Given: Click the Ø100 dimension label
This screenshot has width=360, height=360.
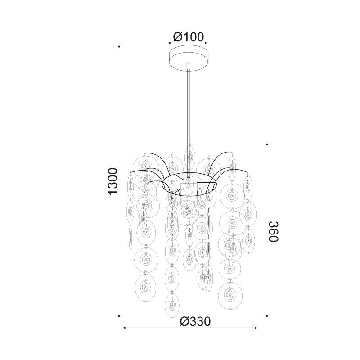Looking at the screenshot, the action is (x=188, y=37).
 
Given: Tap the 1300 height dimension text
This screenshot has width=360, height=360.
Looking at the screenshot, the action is (x=113, y=181).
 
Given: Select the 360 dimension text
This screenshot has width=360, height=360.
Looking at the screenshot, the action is (x=274, y=231).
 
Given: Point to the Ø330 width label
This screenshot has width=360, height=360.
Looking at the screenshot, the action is (x=195, y=322).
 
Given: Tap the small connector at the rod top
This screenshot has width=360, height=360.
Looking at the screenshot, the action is (x=189, y=66).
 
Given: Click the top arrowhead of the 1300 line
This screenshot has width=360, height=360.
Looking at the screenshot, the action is (x=119, y=46).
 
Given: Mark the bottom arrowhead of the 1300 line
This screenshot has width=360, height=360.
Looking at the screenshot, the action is (x=119, y=316).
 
